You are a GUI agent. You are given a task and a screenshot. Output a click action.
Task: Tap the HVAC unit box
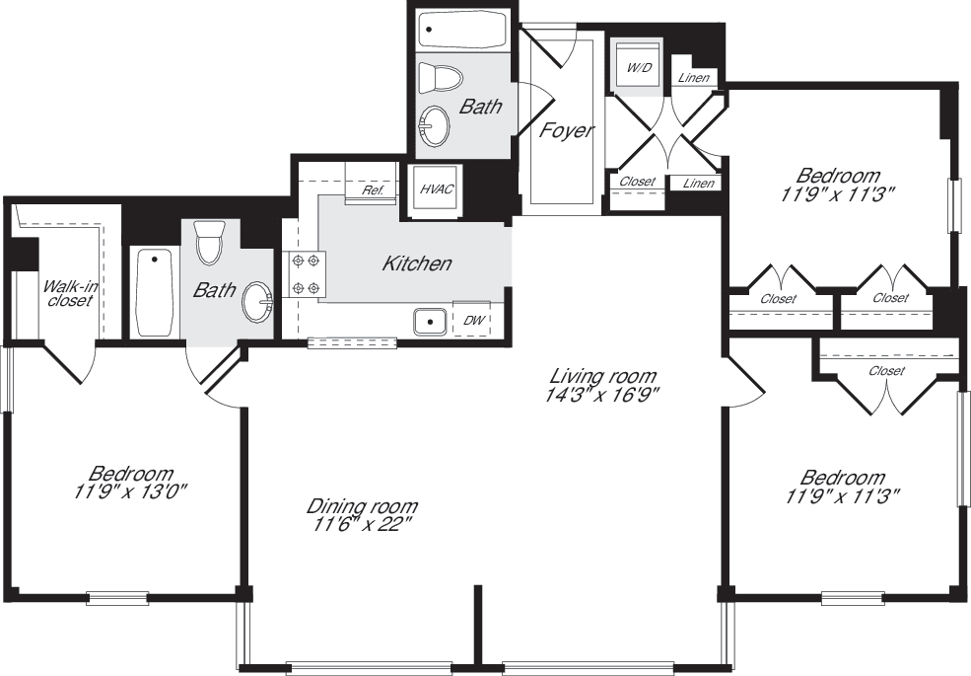click(x=435, y=188)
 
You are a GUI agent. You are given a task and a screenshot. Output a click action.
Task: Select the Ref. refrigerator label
click(x=373, y=190)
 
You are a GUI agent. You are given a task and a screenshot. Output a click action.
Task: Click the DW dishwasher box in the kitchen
click(x=471, y=320)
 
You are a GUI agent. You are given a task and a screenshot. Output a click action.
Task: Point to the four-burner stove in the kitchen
click(x=305, y=274)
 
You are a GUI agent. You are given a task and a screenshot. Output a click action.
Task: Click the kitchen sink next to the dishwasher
click(x=431, y=322)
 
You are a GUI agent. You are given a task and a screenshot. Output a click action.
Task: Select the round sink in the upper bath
click(x=434, y=125)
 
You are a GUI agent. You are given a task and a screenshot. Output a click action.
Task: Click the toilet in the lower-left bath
click(x=209, y=243)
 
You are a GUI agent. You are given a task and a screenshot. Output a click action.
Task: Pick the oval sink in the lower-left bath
click(x=258, y=301)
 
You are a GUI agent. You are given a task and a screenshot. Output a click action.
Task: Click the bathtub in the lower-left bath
click(x=154, y=292)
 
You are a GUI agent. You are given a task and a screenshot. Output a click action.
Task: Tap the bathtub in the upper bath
click(x=461, y=31)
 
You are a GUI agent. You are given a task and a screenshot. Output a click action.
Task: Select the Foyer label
click(x=566, y=130)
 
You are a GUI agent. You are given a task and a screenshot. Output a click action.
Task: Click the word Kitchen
click(x=417, y=263)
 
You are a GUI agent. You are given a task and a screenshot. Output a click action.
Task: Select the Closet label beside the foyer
click(x=637, y=182)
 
